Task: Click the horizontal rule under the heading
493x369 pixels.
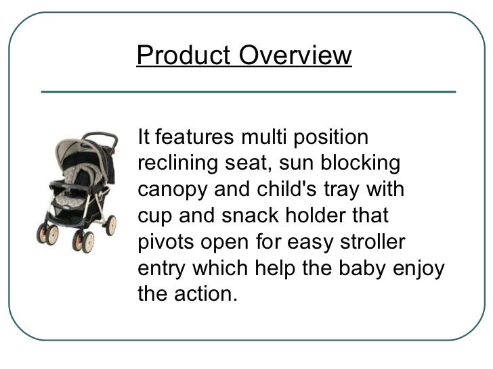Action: [249, 90]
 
